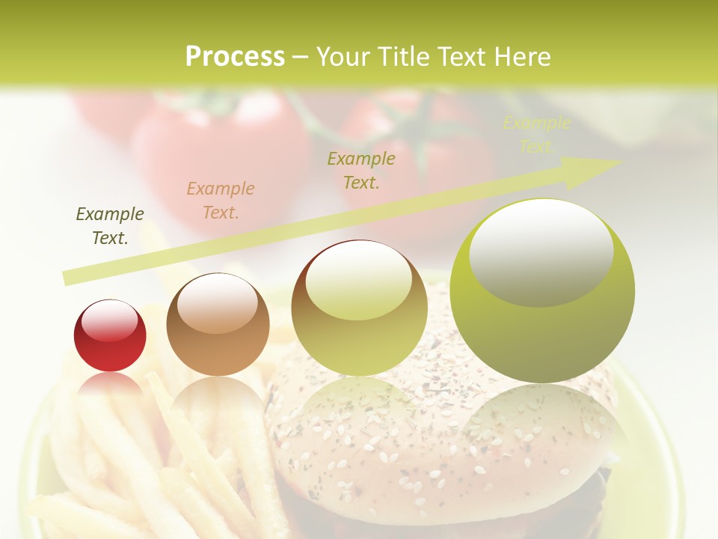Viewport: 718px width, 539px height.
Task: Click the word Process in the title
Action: pyautogui.click(x=235, y=57)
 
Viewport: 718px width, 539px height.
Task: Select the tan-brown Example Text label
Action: pyautogui.click(x=221, y=201)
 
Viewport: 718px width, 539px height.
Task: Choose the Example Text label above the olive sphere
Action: pyautogui.click(x=361, y=170)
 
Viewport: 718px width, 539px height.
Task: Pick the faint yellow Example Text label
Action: pyautogui.click(x=536, y=135)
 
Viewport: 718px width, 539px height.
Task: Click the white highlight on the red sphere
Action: pyautogui.click(x=109, y=320)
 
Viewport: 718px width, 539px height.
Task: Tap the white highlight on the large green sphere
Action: pyautogui.click(x=541, y=251)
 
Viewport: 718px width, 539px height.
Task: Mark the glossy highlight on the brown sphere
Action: pyautogui.click(x=217, y=302)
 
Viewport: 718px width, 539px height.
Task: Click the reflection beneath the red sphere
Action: pyautogui.click(x=110, y=385)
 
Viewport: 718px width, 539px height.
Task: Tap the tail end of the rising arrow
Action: pyautogui.click(x=69, y=278)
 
